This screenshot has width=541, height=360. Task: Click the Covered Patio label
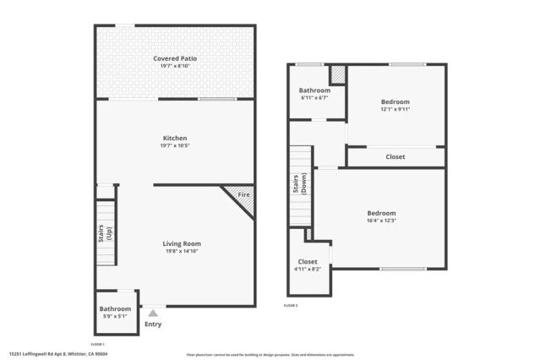point(175,58)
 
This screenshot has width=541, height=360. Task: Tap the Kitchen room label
point(175,138)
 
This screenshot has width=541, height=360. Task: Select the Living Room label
point(182,243)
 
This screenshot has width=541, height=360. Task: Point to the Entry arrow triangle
point(153,313)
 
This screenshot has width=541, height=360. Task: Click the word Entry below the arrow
point(153,324)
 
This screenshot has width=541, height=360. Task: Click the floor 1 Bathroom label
point(115,309)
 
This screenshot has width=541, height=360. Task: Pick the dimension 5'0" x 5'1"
point(115,317)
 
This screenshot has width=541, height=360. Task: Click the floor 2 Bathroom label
point(314,90)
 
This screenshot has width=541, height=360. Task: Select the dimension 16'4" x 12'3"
point(381,221)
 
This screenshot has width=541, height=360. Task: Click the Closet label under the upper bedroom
point(395,157)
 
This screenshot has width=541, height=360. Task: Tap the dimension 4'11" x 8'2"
point(308,270)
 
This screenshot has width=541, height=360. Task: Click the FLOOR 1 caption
point(97,344)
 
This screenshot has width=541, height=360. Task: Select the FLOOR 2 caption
point(292,304)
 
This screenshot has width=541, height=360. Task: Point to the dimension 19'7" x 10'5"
point(175,145)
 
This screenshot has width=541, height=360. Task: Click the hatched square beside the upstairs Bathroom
point(337,74)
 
